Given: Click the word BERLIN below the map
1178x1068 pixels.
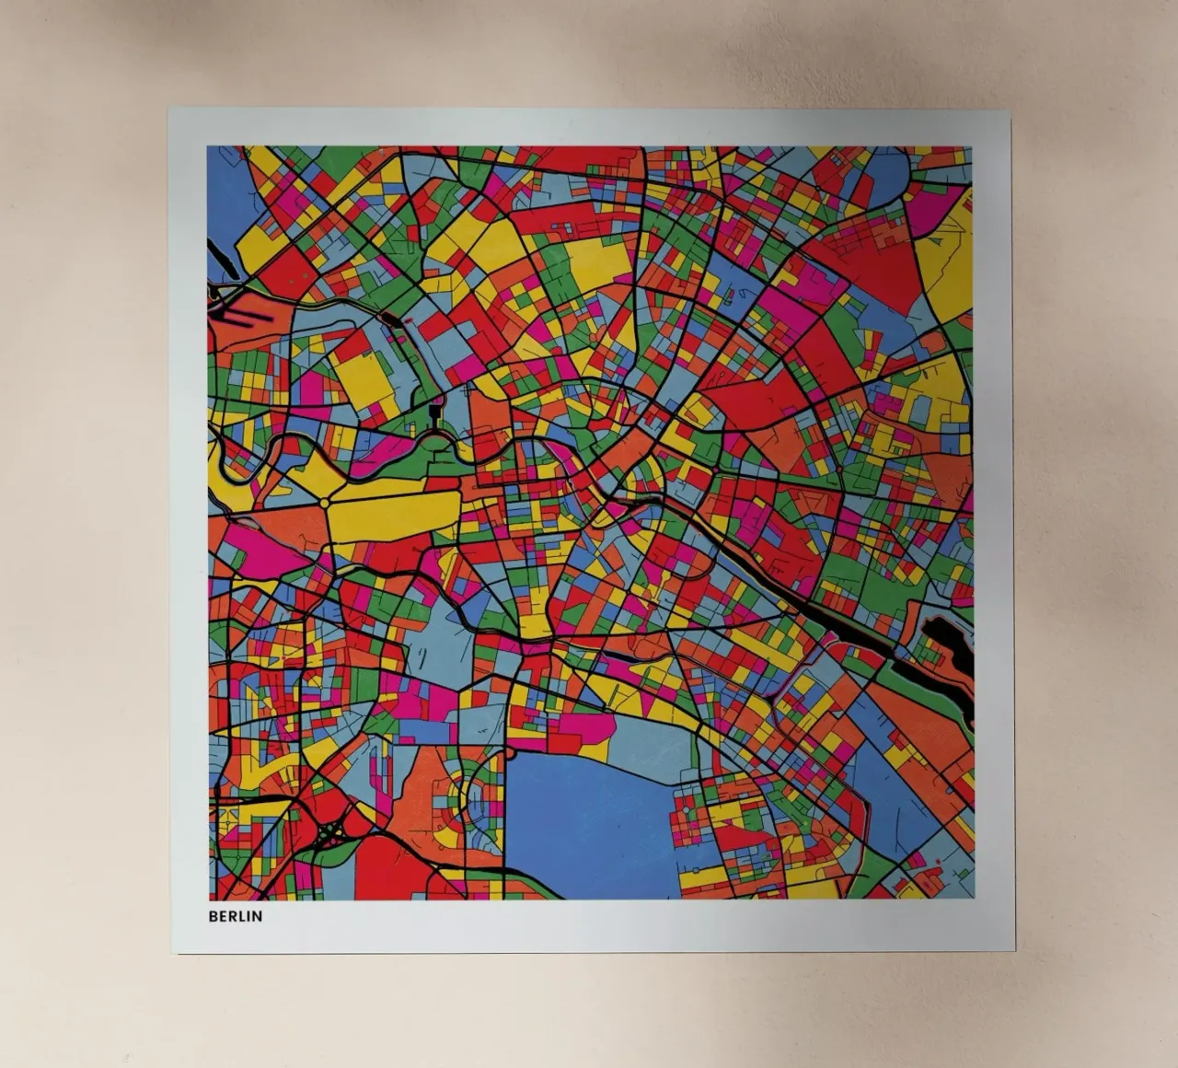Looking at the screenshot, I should tap(235, 916).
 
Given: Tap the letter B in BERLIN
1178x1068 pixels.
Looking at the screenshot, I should tap(213, 916).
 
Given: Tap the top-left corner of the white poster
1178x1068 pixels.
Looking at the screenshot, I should tap(169, 109).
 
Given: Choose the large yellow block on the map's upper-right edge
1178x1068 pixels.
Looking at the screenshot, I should tap(948, 258).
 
